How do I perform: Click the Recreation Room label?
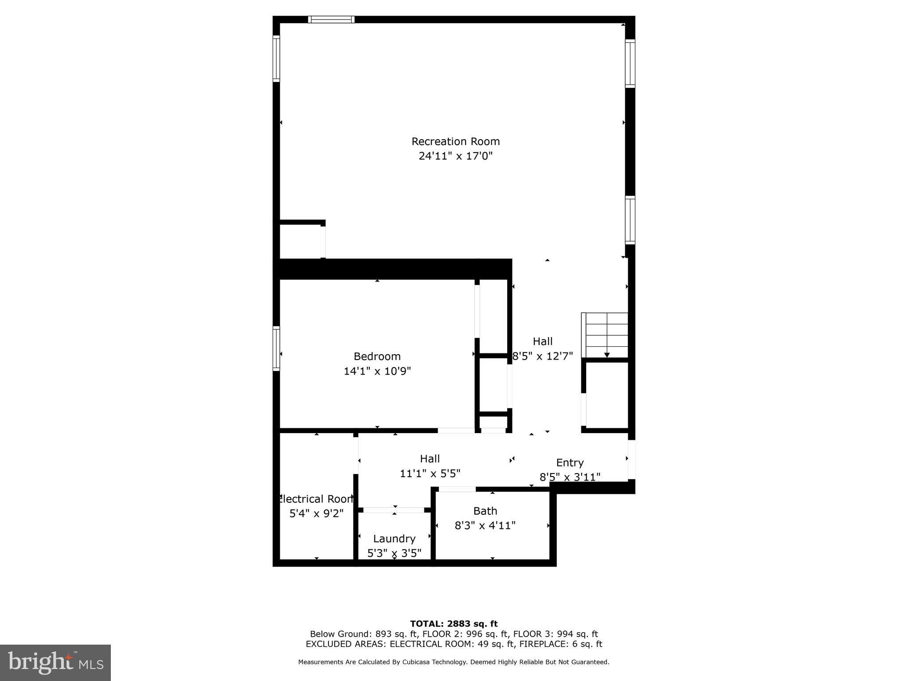click(455, 141)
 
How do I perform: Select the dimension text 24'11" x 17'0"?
click(455, 156)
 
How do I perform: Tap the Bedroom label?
click(377, 356)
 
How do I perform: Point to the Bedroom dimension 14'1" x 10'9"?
click(377, 371)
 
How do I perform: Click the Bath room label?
click(485, 511)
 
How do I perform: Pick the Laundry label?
click(394, 539)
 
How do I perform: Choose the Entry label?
click(570, 463)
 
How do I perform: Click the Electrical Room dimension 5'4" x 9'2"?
click(316, 514)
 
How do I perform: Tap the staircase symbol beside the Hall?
click(606, 335)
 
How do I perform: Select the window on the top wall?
click(331, 20)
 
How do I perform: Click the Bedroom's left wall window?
click(276, 348)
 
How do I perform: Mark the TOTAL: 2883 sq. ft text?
click(454, 624)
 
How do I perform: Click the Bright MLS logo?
click(55, 663)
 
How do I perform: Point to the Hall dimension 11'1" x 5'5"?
click(430, 474)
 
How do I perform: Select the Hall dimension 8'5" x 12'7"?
click(542, 356)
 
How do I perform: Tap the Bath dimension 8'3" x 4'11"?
click(485, 526)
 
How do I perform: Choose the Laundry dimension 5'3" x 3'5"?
click(394, 553)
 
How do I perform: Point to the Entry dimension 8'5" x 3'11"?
click(570, 477)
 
